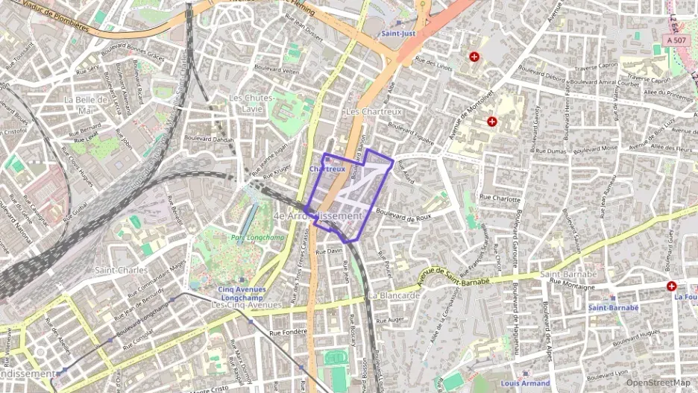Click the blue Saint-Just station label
click(x=397, y=34)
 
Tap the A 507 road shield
click(x=676, y=40)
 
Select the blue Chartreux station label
click(x=327, y=169)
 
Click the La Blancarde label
click(x=394, y=295)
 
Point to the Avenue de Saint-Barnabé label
click(x=454, y=277)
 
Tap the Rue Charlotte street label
click(x=499, y=199)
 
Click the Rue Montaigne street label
click(x=572, y=283)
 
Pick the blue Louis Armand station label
click(x=525, y=383)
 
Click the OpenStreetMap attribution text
click(x=658, y=383)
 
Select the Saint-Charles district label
click(x=122, y=270)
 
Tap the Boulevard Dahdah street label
click(x=209, y=139)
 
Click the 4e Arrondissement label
click(x=318, y=216)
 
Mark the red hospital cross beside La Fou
click(x=671, y=286)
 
